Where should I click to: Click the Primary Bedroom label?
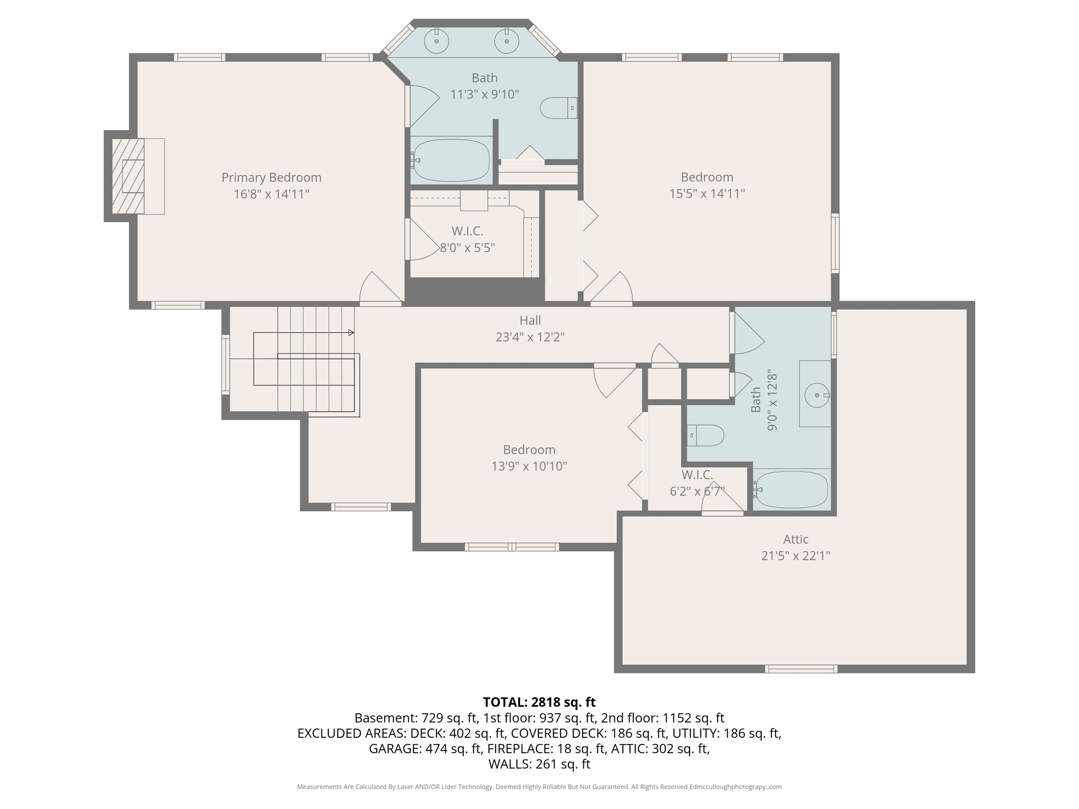pos(271,177)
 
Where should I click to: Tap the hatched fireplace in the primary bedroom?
pos(128,176)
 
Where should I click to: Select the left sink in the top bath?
pos(436,41)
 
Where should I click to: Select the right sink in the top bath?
pos(506,41)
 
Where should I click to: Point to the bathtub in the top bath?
pos(452,160)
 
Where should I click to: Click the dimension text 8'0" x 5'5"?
pos(467,248)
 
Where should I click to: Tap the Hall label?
pos(530,320)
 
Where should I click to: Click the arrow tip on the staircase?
pos(352,333)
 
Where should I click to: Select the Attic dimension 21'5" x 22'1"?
pos(796,556)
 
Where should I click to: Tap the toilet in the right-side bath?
pos(706,436)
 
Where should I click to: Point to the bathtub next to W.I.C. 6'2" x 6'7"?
pos(791,490)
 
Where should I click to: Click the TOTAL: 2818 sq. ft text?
pos(539,702)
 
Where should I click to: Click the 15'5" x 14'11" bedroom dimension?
pos(707,194)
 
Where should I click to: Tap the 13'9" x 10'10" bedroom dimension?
pos(529,466)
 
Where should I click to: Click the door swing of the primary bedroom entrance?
pos(378,289)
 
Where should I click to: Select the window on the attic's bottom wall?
pos(801,669)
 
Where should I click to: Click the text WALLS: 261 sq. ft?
pos(539,764)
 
